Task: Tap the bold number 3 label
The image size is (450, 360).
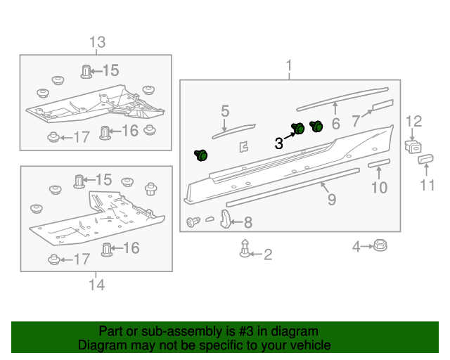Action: (x=279, y=143)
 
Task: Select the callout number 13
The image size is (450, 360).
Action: (x=96, y=43)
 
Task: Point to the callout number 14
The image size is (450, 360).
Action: (x=96, y=284)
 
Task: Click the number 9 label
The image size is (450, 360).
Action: (x=331, y=200)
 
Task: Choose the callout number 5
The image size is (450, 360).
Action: (x=225, y=111)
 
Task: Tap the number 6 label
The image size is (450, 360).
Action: (x=335, y=124)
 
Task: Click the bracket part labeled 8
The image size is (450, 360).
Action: (x=226, y=219)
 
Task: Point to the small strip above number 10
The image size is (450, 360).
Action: (x=379, y=162)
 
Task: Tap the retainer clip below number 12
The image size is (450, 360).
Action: (x=412, y=146)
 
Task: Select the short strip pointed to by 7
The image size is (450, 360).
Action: (x=382, y=105)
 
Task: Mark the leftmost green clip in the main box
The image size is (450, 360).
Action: (x=201, y=155)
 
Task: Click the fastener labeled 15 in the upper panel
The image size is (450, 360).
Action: (x=86, y=71)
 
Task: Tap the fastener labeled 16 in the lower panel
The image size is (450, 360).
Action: (x=108, y=248)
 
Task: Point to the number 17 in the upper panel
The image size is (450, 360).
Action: (x=82, y=137)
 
